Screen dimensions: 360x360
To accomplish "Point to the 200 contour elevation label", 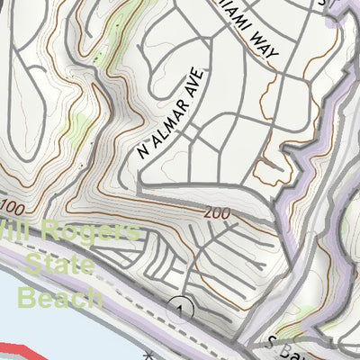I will click(217, 213).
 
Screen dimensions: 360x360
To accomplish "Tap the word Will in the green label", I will click(18, 231).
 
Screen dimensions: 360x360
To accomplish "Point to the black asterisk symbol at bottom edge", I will click(148, 356).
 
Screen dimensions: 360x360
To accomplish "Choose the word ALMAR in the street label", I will click(168, 116).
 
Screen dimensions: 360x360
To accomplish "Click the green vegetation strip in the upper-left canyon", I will click(108, 67).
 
